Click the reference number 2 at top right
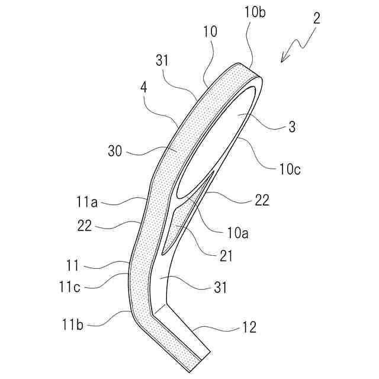point(317,17)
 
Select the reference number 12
point(249,327)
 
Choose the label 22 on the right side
point(261,201)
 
